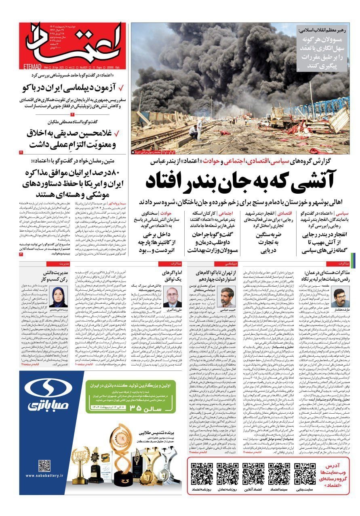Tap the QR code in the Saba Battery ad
44,466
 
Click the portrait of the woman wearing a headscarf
59,297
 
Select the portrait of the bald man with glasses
173,297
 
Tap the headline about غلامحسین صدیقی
73,139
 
